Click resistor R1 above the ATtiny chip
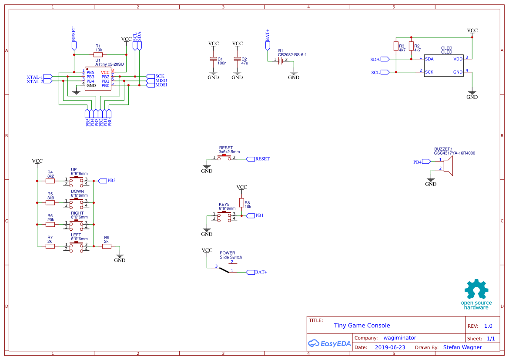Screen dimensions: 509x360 click(98, 54)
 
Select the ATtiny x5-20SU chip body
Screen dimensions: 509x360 click(98, 79)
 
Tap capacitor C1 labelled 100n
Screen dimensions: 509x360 click(213, 59)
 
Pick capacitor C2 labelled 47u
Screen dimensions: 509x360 click(237, 59)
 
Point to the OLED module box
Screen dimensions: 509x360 click(444, 65)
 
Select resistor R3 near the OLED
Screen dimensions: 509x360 click(396, 46)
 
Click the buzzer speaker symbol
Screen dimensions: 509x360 click(448, 166)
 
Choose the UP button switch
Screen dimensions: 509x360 click(76, 181)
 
